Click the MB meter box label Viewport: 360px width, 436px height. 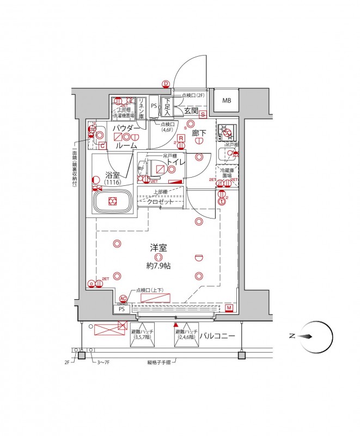(x=226, y=100)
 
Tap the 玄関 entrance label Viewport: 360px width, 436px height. (x=191, y=111)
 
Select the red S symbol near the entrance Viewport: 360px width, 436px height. (x=203, y=114)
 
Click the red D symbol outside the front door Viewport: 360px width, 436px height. (x=166, y=83)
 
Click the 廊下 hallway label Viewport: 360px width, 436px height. (x=198, y=132)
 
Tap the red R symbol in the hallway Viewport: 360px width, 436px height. (x=180, y=139)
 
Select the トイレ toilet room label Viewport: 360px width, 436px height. (x=174, y=162)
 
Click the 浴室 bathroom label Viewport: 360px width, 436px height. (x=113, y=175)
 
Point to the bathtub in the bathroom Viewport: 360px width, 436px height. (x=112, y=202)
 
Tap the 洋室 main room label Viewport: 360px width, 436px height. (x=158, y=248)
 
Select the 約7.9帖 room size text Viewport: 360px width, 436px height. (x=158, y=266)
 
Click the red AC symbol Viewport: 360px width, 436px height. (x=123, y=299)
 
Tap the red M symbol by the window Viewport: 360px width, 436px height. (x=229, y=308)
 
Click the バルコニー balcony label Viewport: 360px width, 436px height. (x=217, y=336)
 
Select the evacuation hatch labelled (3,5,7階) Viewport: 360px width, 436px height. (x=143, y=335)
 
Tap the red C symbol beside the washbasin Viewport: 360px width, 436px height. (x=102, y=146)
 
